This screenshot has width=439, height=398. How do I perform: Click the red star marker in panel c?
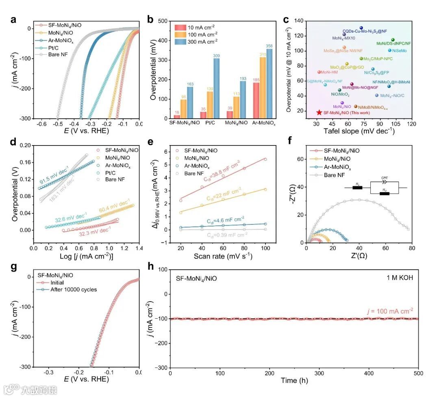coord(319,112)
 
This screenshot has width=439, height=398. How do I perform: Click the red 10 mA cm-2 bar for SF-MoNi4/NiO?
coord(177,117)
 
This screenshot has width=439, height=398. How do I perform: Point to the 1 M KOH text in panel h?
coord(400,278)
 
